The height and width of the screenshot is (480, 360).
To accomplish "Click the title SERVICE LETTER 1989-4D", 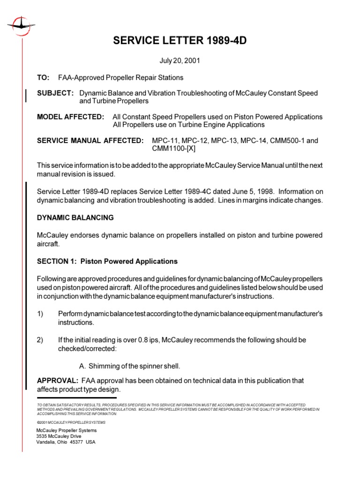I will click(x=180, y=41).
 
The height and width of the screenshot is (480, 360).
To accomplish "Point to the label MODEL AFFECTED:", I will click(x=71, y=117).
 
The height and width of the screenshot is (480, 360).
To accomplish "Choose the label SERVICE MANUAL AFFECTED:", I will click(x=90, y=141).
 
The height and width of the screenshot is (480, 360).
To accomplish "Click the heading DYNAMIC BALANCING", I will click(x=75, y=218).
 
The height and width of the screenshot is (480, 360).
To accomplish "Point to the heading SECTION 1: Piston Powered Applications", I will click(x=107, y=261).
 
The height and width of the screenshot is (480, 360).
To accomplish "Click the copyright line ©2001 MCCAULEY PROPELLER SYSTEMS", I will click(x=71, y=422).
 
